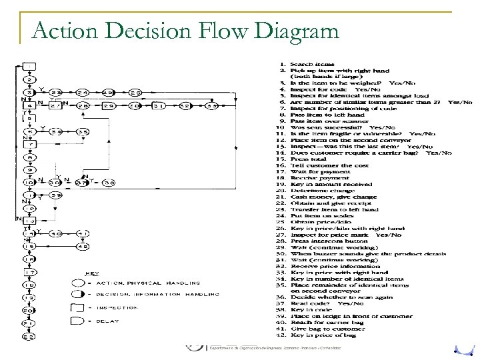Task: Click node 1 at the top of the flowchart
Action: (x=29, y=67)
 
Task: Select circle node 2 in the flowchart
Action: (x=29, y=79)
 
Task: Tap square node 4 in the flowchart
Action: (x=29, y=105)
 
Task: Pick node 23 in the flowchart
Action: (x=56, y=92)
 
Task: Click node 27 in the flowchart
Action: (x=56, y=105)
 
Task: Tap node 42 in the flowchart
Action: (x=83, y=246)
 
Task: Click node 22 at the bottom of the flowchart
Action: (x=29, y=335)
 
